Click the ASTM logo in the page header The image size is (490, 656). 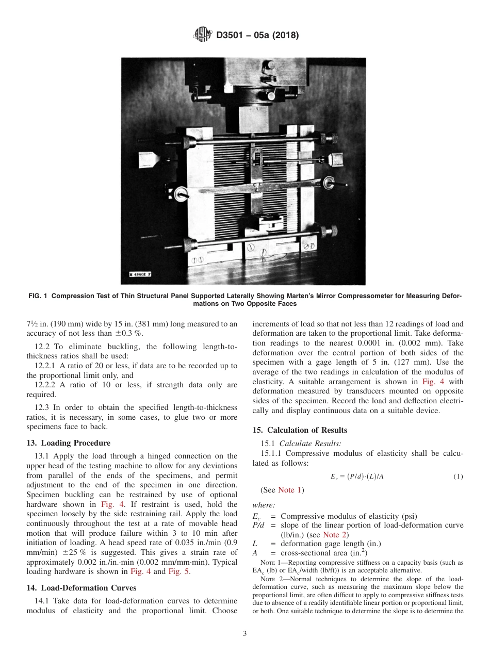click(x=202, y=35)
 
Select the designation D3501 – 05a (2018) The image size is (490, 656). click(x=257, y=36)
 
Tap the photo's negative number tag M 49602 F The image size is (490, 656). click(x=140, y=275)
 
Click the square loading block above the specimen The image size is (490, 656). click(x=254, y=119)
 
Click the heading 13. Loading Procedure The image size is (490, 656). click(x=68, y=442)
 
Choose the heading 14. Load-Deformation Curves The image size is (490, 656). click(x=81, y=587)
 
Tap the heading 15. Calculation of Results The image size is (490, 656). click(x=300, y=430)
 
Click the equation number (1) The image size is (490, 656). click(x=458, y=477)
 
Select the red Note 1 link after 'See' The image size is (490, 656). click(x=290, y=489)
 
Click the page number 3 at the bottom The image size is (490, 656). click(x=245, y=634)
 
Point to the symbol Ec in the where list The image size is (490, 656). click(x=256, y=517)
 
